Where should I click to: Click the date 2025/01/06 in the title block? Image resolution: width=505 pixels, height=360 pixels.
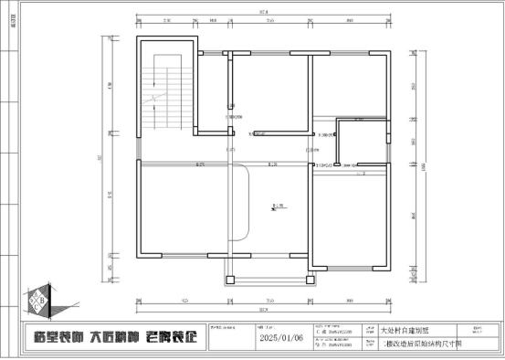pyautogui.click(x=280, y=337)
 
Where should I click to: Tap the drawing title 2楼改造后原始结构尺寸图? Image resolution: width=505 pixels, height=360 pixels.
pyautogui.click(x=407, y=344)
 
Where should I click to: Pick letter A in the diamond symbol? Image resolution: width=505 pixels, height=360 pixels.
pyautogui.click(x=36, y=304)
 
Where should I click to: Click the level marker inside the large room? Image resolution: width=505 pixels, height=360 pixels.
pyautogui.click(x=277, y=207)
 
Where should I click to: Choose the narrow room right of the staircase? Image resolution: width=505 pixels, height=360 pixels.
pyautogui.click(x=211, y=91)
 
